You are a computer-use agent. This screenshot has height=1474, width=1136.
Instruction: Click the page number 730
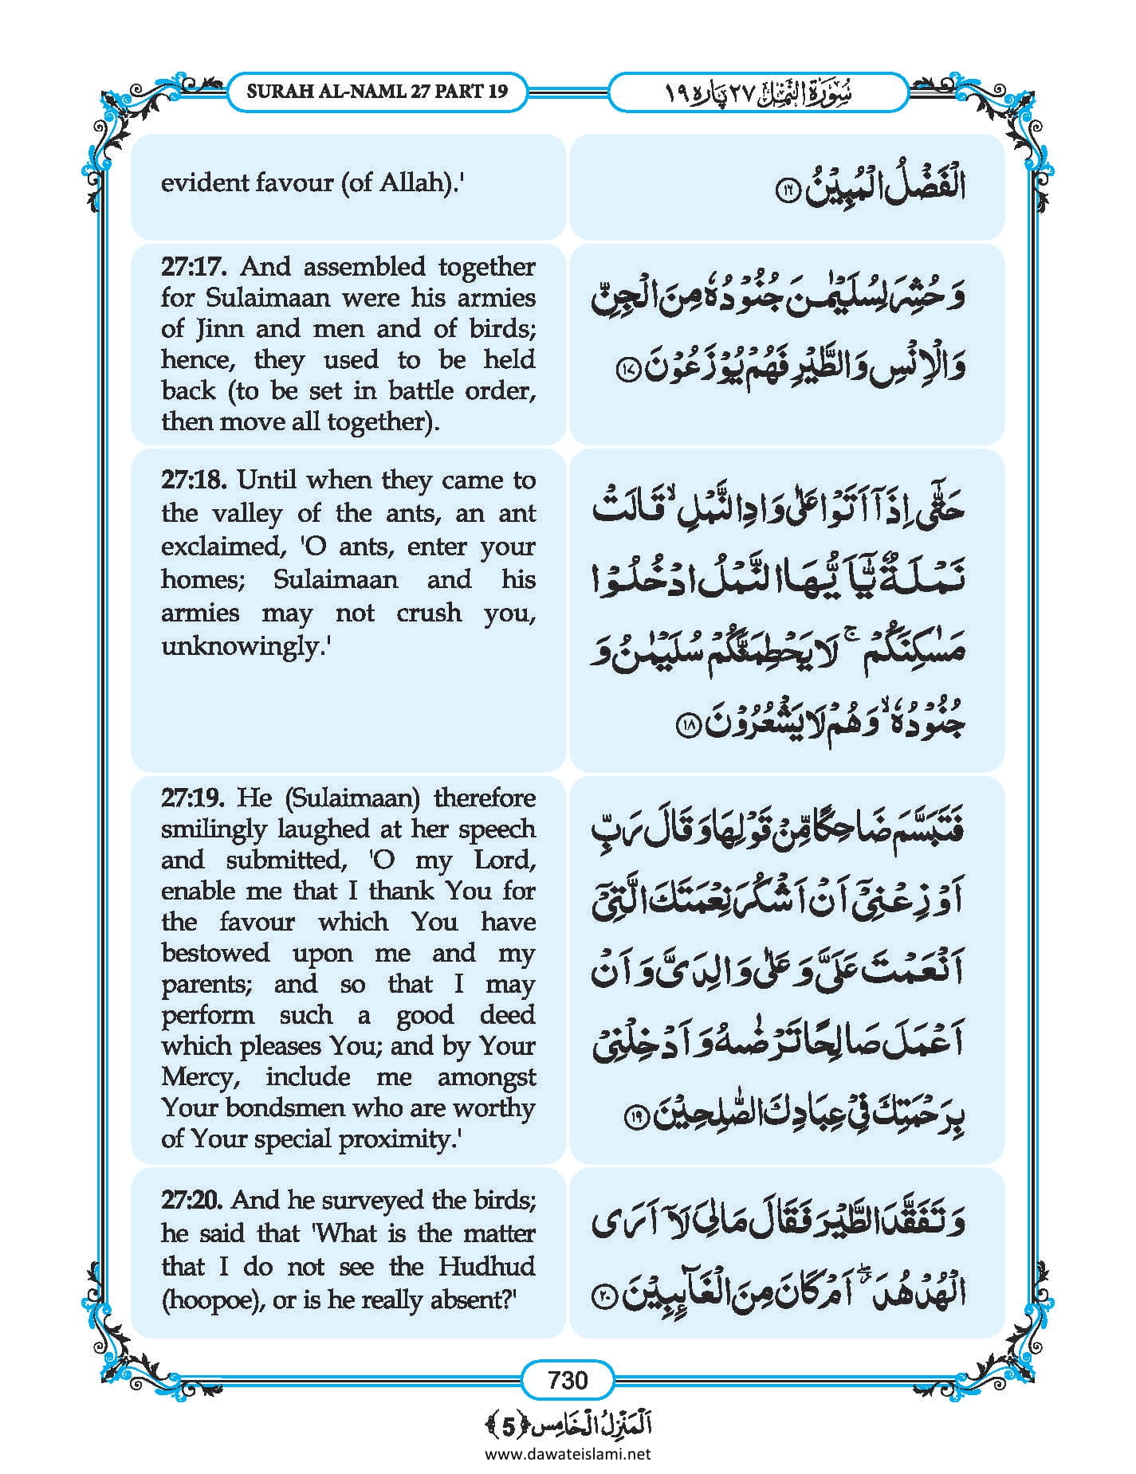point(568,1379)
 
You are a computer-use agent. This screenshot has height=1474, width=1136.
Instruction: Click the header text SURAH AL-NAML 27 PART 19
point(377,91)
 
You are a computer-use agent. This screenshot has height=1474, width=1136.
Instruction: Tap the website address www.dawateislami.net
point(568,1453)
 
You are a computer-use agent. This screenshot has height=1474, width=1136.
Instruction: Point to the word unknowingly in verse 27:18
point(243,646)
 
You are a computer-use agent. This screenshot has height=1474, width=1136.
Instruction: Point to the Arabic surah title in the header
point(757,92)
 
